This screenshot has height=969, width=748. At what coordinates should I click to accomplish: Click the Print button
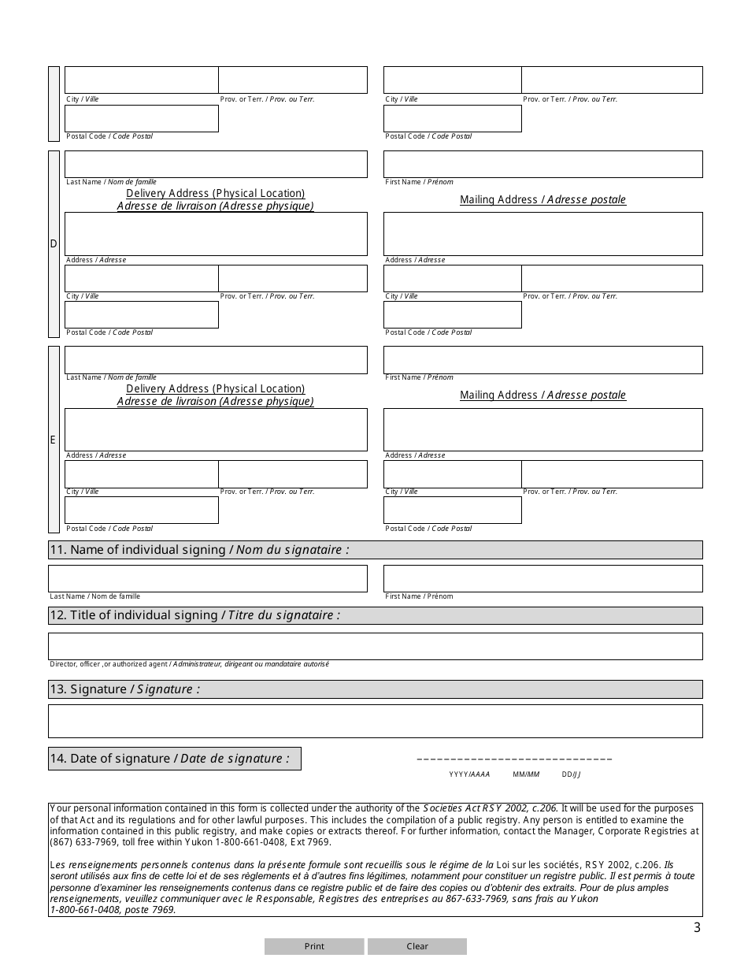[314, 946]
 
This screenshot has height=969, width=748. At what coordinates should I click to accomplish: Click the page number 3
[697, 928]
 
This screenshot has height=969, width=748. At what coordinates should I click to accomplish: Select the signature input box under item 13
[375, 721]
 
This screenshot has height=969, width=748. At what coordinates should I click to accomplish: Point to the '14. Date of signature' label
[174, 759]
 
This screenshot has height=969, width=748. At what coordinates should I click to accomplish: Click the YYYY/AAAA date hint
[469, 774]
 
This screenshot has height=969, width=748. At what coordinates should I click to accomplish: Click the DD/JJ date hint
[571, 774]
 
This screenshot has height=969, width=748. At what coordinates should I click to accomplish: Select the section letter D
[54, 243]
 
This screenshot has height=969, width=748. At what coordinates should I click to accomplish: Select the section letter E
[54, 440]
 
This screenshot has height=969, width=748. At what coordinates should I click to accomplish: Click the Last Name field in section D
[216, 164]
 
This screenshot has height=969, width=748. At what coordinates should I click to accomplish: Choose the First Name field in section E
[542, 360]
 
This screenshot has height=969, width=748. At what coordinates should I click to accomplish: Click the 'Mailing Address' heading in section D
[542, 200]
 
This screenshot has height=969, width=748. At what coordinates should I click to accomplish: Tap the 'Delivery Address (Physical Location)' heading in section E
[215, 389]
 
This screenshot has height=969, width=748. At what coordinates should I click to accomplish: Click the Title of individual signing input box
[375, 646]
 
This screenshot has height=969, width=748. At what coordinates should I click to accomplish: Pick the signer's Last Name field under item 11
[208, 578]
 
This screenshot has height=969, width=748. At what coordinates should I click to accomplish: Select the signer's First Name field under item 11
[542, 578]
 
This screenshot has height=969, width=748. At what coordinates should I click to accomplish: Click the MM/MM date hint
[526, 774]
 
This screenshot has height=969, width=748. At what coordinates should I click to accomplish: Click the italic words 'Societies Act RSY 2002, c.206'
[491, 808]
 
